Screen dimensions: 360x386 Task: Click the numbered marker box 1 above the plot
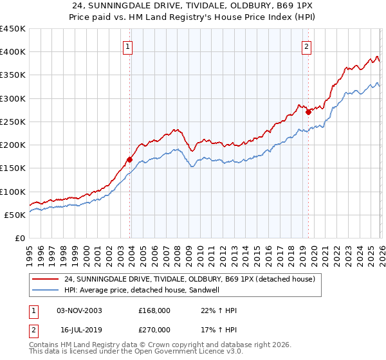[129, 46]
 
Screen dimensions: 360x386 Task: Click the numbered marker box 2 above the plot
[307, 46]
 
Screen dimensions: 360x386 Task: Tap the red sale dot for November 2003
[129, 159]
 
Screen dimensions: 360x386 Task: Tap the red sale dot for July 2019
[308, 112]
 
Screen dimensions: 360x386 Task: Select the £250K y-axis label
[13, 122]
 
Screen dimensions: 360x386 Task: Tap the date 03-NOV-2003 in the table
[79, 310]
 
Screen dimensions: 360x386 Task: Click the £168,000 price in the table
[154, 310]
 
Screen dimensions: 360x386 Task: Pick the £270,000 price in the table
[154, 331]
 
